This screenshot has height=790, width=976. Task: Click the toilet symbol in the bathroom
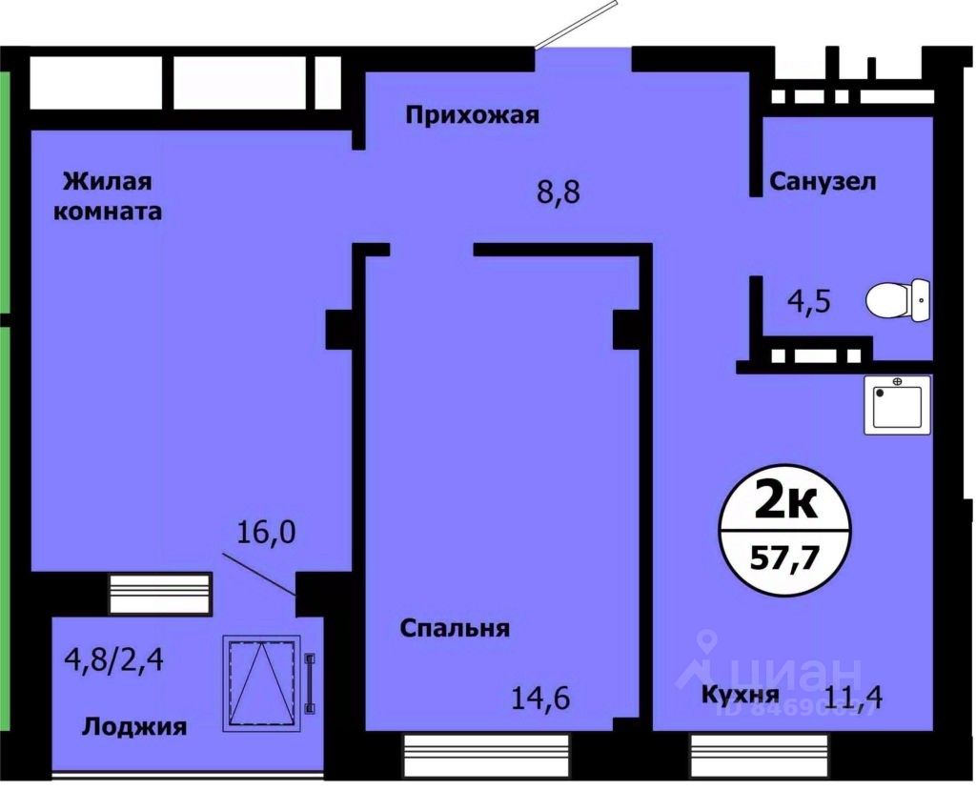(x=897, y=300)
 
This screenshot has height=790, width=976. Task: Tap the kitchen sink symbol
(x=897, y=405)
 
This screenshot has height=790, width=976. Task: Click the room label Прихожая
(x=472, y=116)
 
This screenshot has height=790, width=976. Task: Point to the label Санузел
(x=823, y=181)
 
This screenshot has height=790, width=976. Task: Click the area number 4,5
(x=809, y=302)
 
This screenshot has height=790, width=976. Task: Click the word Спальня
(x=455, y=628)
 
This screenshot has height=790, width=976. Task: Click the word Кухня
(x=740, y=694)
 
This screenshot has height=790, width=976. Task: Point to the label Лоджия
(x=133, y=727)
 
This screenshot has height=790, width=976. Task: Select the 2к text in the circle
(x=784, y=502)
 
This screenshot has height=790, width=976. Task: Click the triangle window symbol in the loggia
(x=261, y=681)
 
